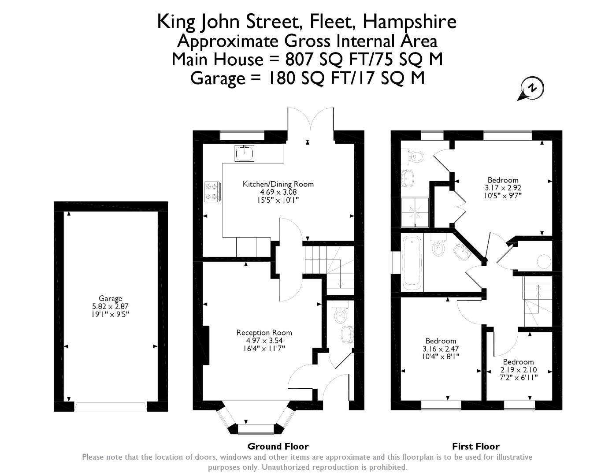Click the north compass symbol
tap(531, 89)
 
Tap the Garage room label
tap(110, 298)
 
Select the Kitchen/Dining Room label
tap(278, 184)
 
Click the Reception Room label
tap(264, 332)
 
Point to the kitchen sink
tap(244, 153)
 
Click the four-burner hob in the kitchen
tap(212, 192)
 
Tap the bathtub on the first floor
tap(412, 263)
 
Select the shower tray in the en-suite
tap(415, 212)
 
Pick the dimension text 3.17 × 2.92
tap(503, 188)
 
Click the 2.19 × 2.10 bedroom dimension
tap(518, 370)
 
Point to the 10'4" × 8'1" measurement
tap(441, 357)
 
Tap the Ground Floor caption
tap(278, 446)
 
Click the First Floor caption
tap(476, 446)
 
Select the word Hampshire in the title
tap(409, 22)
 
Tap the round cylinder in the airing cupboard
tap(544, 261)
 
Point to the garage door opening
tap(111, 406)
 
